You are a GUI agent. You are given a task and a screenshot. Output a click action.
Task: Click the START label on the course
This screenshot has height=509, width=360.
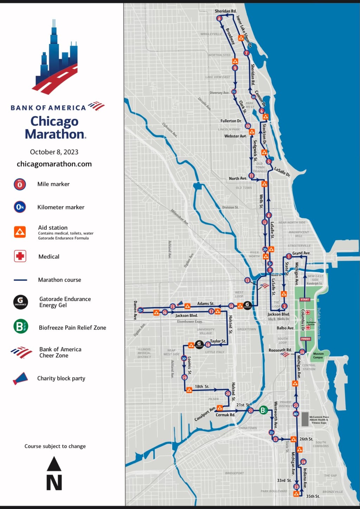point(304,300)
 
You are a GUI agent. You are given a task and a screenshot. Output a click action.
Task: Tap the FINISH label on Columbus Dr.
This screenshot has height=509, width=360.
point(305,339)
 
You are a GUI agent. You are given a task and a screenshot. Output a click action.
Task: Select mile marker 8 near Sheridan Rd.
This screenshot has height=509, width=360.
point(219,18)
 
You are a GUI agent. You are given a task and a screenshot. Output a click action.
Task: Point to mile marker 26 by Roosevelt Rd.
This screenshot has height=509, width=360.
point(302,352)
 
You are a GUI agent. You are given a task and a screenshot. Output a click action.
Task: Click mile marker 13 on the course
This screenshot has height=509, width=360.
point(247,280)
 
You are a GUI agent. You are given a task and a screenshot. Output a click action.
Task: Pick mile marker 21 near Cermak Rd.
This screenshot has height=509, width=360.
point(250,410)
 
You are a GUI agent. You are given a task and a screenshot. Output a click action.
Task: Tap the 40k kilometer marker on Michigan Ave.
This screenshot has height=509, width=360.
point(296,414)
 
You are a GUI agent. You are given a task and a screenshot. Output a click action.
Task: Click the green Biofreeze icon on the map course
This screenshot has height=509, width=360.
point(263,410)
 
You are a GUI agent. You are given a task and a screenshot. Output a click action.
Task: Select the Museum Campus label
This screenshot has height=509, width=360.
point(318,355)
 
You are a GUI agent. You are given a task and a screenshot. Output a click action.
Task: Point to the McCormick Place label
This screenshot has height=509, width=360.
point(319,419)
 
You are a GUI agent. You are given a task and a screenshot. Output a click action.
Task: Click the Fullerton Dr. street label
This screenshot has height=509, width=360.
point(231,121)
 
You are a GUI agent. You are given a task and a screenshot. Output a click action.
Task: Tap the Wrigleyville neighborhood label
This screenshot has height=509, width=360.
point(211,34)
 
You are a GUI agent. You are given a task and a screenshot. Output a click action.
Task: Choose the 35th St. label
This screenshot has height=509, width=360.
point(313,496)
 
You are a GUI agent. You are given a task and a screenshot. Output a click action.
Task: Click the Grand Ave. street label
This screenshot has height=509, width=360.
point(301,253)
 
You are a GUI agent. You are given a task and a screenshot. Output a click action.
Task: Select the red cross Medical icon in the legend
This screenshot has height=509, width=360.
point(20,256)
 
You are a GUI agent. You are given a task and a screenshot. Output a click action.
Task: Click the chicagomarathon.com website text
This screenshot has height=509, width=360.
point(54,164)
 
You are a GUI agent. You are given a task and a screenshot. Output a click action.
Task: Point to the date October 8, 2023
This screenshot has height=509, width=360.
point(54,152)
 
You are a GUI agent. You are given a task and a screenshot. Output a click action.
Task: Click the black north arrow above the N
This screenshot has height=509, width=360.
point(54,464)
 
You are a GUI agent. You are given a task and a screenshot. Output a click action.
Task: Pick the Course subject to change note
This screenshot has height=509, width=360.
point(55,446)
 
